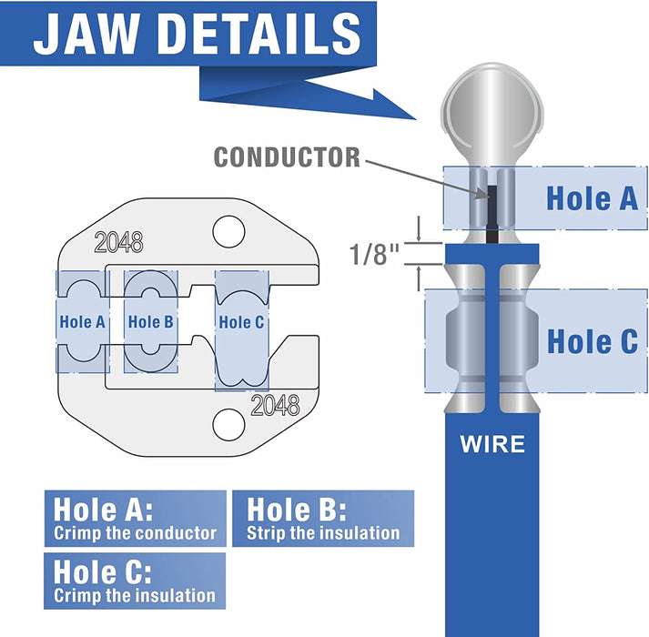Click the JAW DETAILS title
[198, 34]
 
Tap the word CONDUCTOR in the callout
[287, 157]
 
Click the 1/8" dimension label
[375, 253]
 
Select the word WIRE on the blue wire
[492, 445]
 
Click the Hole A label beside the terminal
[592, 197]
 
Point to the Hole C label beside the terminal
[592, 341]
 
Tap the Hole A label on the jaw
[82, 321]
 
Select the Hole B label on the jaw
[151, 321]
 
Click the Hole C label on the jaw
[241, 321]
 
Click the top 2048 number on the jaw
[119, 243]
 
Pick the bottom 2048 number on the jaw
[275, 406]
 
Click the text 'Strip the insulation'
[323, 533]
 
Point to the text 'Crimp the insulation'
[135, 596]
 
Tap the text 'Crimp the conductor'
[135, 533]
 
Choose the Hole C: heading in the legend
[103, 571]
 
